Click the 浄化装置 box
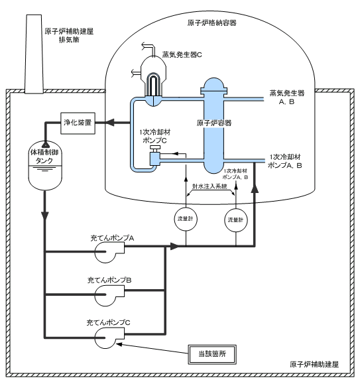pyautogui.click(x=78, y=123)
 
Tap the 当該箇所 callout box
pyautogui.click(x=212, y=354)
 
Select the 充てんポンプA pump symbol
pyautogui.click(x=109, y=253)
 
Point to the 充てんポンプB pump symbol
pyautogui.click(x=109, y=295)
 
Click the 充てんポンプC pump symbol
pyautogui.click(x=109, y=338)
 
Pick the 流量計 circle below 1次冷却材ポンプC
pyautogui.click(x=186, y=219)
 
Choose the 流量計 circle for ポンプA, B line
pyautogui.click(x=235, y=220)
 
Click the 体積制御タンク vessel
pyautogui.click(x=45, y=165)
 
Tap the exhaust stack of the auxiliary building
pyautogui.click(x=34, y=54)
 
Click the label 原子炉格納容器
pyautogui.click(x=212, y=23)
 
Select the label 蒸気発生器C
pyautogui.click(x=182, y=54)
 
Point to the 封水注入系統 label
pyautogui.click(x=210, y=186)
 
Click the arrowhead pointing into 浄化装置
pyautogui.click(x=111, y=123)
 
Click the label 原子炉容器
pyautogui.click(x=214, y=123)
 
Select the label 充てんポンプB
pyautogui.click(x=109, y=281)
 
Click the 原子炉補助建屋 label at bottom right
pyautogui.click(x=314, y=365)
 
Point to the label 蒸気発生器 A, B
pyautogui.click(x=287, y=97)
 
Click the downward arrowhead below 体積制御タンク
pyautogui.click(x=45, y=216)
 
